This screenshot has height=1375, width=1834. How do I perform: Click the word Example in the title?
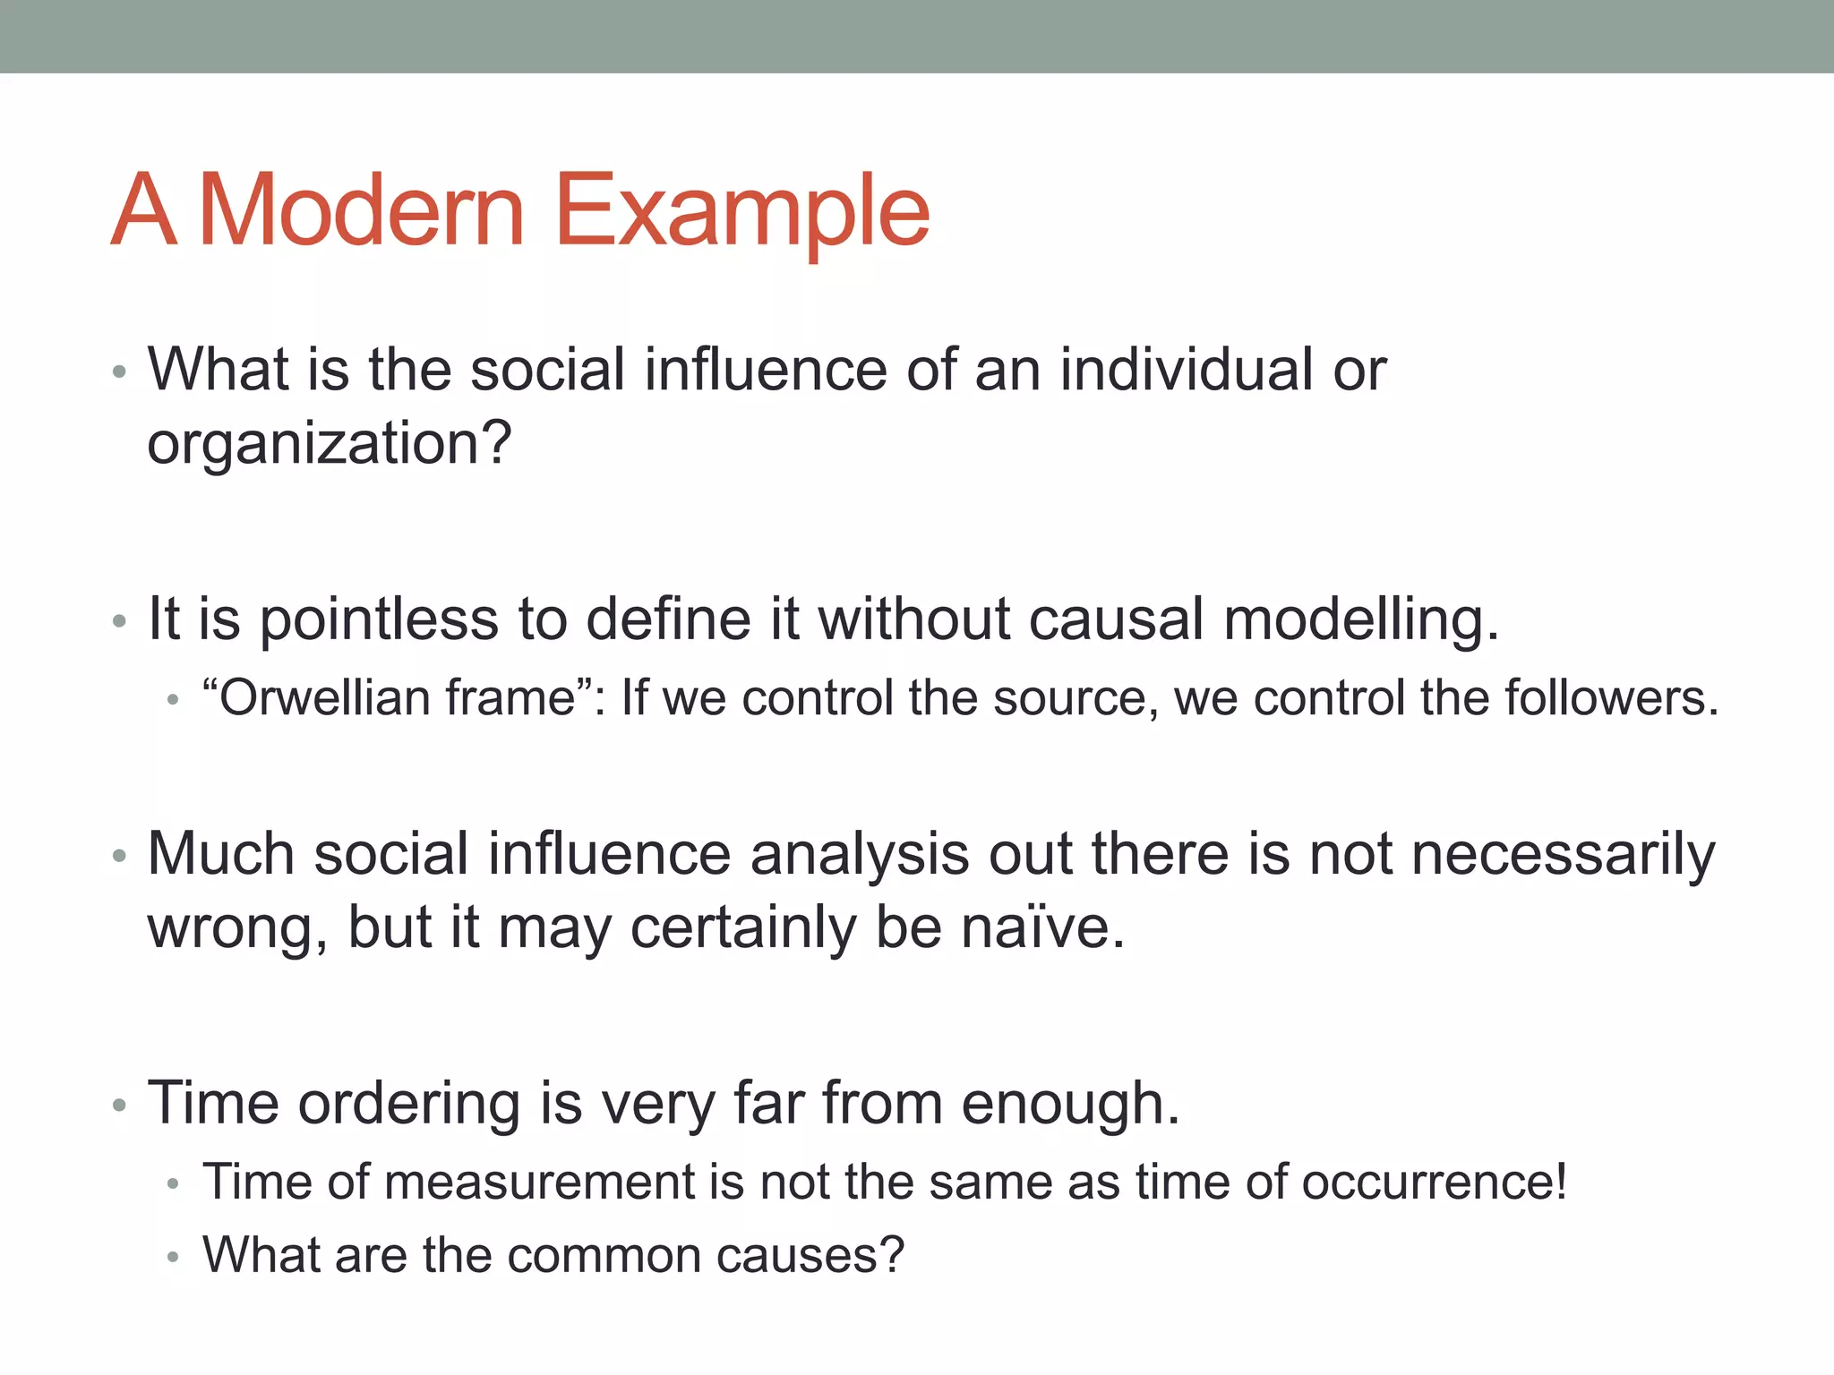point(741,210)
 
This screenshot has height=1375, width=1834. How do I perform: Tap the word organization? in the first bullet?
point(329,443)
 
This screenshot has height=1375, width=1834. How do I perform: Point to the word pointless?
point(379,619)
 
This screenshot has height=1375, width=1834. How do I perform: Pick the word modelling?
point(1361,619)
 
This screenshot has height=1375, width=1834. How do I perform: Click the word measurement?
point(539,1181)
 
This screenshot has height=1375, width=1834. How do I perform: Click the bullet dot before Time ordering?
point(120,1106)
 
